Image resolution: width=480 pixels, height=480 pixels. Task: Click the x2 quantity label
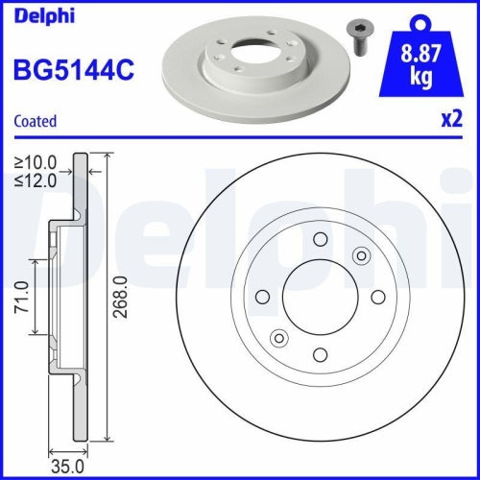[x=449, y=121]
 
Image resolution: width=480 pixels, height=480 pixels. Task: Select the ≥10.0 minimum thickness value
[x=36, y=161]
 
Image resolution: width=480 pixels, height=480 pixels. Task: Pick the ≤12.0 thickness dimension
[x=36, y=179]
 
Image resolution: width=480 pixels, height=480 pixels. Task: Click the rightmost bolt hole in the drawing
[x=376, y=296]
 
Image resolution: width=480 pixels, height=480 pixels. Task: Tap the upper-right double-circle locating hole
[x=361, y=254]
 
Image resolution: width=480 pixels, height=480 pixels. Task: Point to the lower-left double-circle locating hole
[x=279, y=337]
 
